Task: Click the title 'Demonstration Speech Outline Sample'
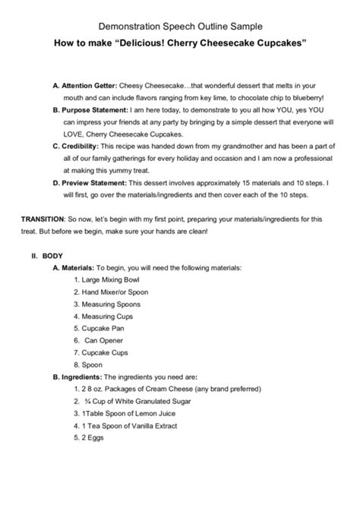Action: (179, 25)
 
